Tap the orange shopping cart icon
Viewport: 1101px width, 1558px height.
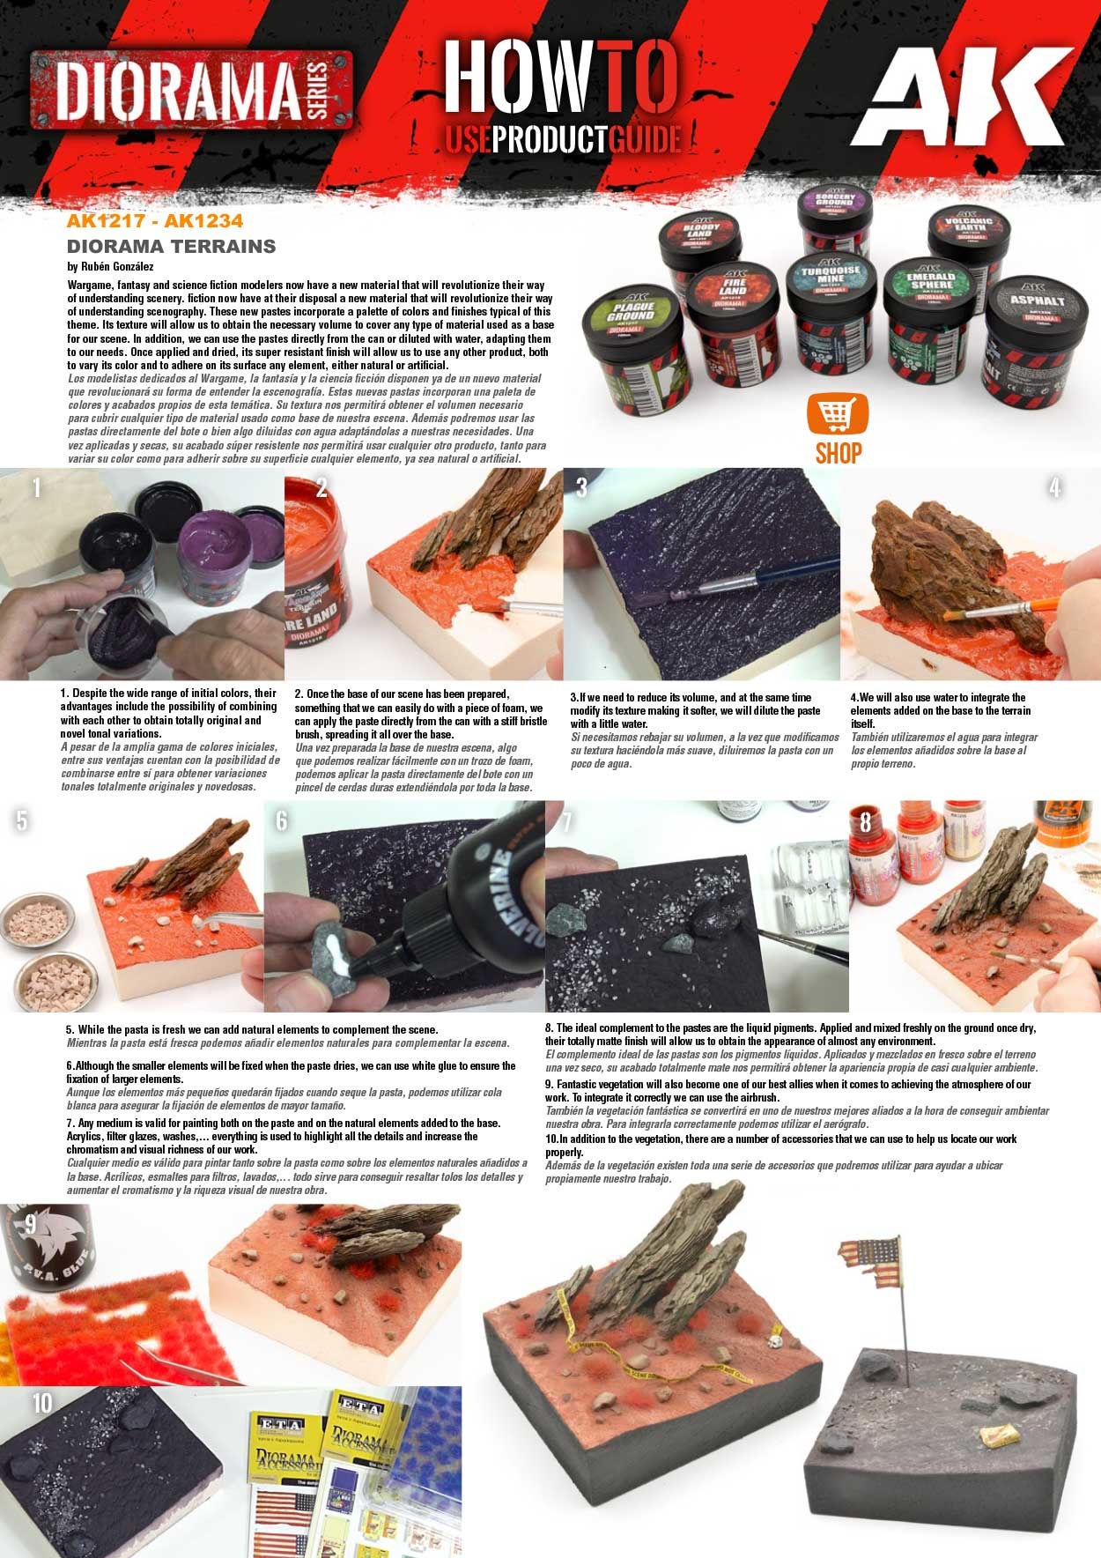coord(838,413)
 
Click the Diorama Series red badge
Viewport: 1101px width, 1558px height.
coord(192,90)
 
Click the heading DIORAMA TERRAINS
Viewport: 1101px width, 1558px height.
coord(172,247)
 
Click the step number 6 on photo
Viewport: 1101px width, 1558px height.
coord(282,820)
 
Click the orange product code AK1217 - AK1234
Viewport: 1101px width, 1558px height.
coord(154,221)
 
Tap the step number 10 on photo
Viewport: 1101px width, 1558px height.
coord(41,1402)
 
